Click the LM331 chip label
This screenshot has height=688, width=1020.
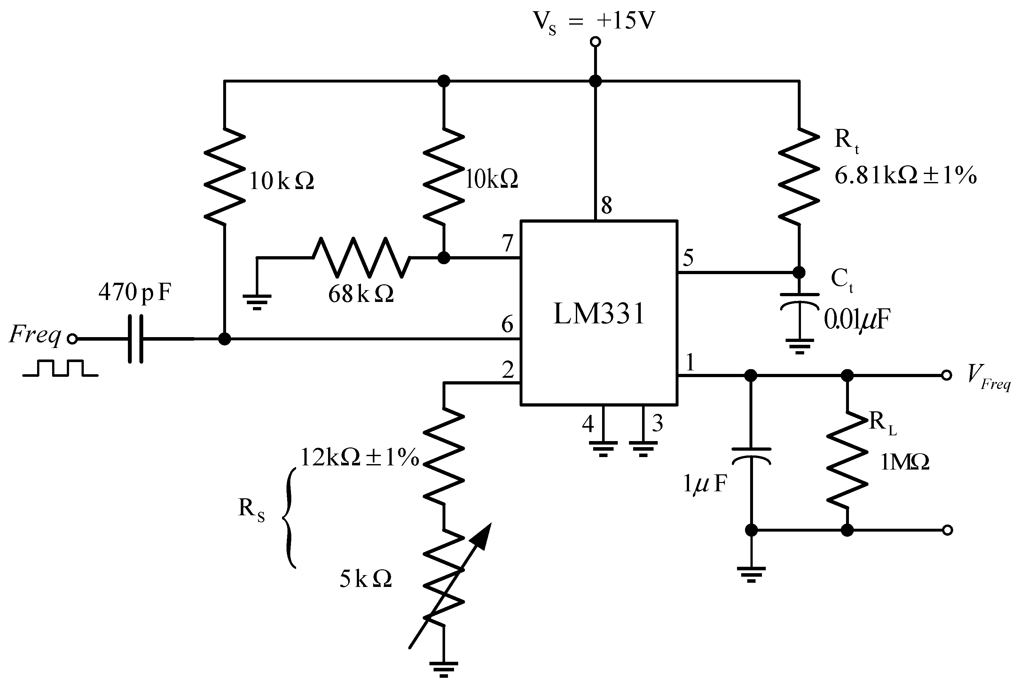(x=599, y=314)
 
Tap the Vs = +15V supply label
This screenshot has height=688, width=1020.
(x=594, y=21)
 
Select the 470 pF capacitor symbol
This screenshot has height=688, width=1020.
(x=136, y=339)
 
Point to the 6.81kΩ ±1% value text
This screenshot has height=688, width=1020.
(x=905, y=176)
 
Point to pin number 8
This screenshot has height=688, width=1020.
(x=607, y=205)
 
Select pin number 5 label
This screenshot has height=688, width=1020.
(x=688, y=257)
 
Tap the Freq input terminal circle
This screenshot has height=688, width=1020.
(x=72, y=339)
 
